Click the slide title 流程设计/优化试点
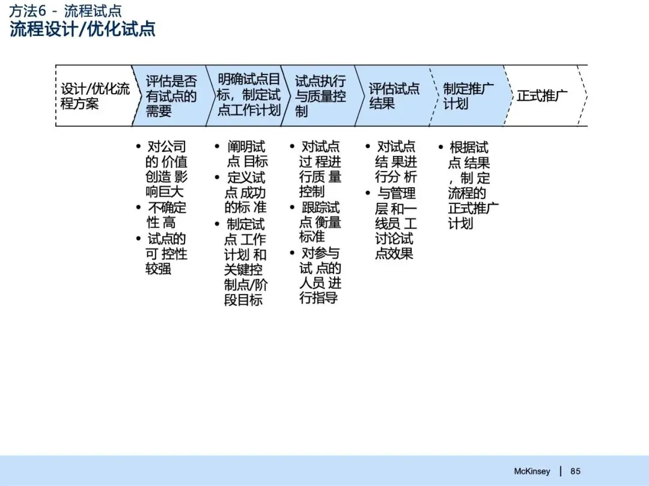coord(83,29)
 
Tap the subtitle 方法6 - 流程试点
coord(66,10)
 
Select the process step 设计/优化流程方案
coord(95,96)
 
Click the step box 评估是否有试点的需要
coord(171,96)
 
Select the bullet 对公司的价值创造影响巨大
coord(166,169)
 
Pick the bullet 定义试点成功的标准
coord(245,193)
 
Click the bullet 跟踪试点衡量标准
coord(320,222)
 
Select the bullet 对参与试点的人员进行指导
coord(320,275)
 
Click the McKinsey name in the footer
coord(532,471)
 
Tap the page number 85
coord(576,471)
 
